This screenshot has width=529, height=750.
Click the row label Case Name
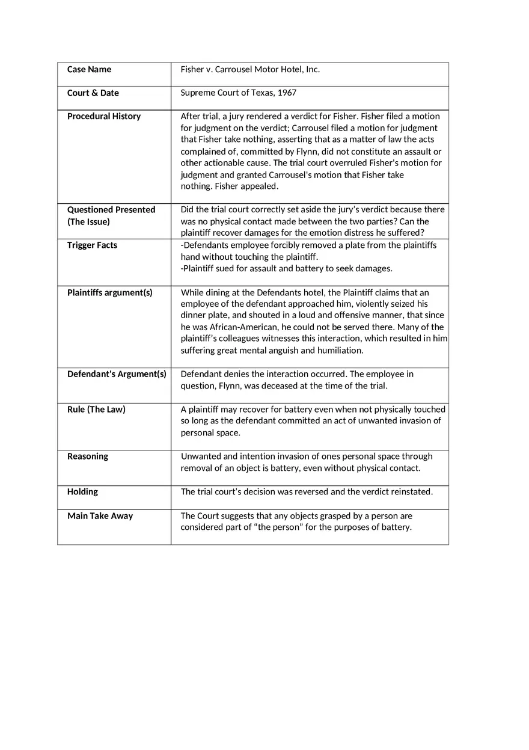(89, 69)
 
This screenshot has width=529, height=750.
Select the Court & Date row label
(93, 93)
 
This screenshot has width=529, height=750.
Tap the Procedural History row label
(103, 116)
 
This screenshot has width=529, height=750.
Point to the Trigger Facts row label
(92, 245)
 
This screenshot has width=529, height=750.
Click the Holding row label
(82, 491)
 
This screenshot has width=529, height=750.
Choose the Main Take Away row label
(100, 515)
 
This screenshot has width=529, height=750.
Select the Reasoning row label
(87, 456)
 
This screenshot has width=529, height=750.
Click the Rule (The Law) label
(96, 409)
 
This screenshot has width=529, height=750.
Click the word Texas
(262, 93)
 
